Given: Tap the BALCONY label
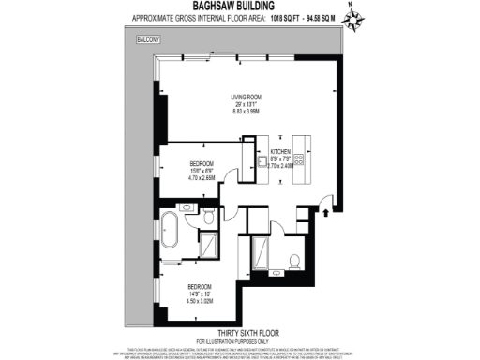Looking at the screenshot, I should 149,41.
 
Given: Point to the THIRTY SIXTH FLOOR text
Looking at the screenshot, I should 240,332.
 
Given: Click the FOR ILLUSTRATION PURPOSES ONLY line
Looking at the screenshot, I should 240,339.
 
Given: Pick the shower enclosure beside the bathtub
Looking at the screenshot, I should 212,245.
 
